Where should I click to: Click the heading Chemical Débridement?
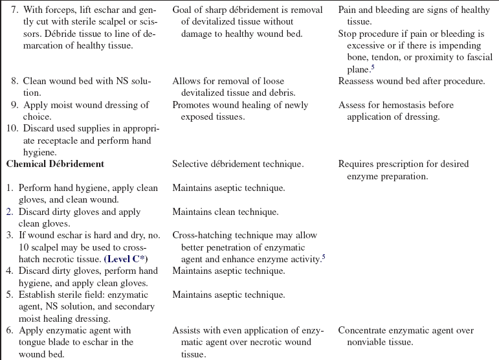(x=55, y=164)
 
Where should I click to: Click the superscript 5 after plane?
(x=373, y=67)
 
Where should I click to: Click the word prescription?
(x=403, y=164)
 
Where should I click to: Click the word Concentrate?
(x=364, y=330)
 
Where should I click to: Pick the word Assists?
(x=187, y=330)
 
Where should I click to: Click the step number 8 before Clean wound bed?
(x=15, y=81)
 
